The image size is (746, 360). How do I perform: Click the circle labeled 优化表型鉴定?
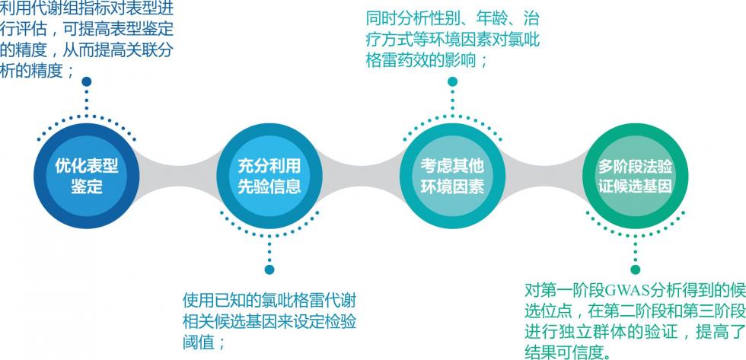click(x=86, y=177)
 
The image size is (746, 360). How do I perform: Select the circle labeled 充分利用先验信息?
click(x=269, y=177)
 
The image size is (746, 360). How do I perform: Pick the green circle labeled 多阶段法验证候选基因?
click(x=634, y=177)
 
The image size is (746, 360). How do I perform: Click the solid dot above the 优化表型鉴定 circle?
click(x=86, y=81)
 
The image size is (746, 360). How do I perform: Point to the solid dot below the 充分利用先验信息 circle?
click(x=269, y=269)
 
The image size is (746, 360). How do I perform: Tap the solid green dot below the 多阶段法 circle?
click(x=635, y=269)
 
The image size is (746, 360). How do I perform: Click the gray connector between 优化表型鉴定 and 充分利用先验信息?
click(x=177, y=177)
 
